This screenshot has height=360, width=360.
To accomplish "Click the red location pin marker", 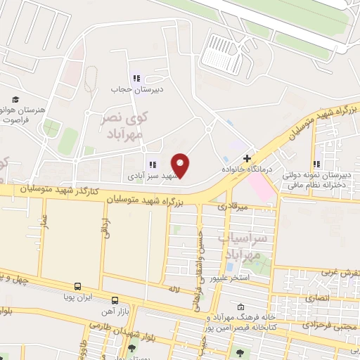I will pos(181,165).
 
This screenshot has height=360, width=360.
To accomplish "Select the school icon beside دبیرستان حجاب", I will pos(136,78).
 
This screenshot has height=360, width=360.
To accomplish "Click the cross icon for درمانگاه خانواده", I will pos(246,158).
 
